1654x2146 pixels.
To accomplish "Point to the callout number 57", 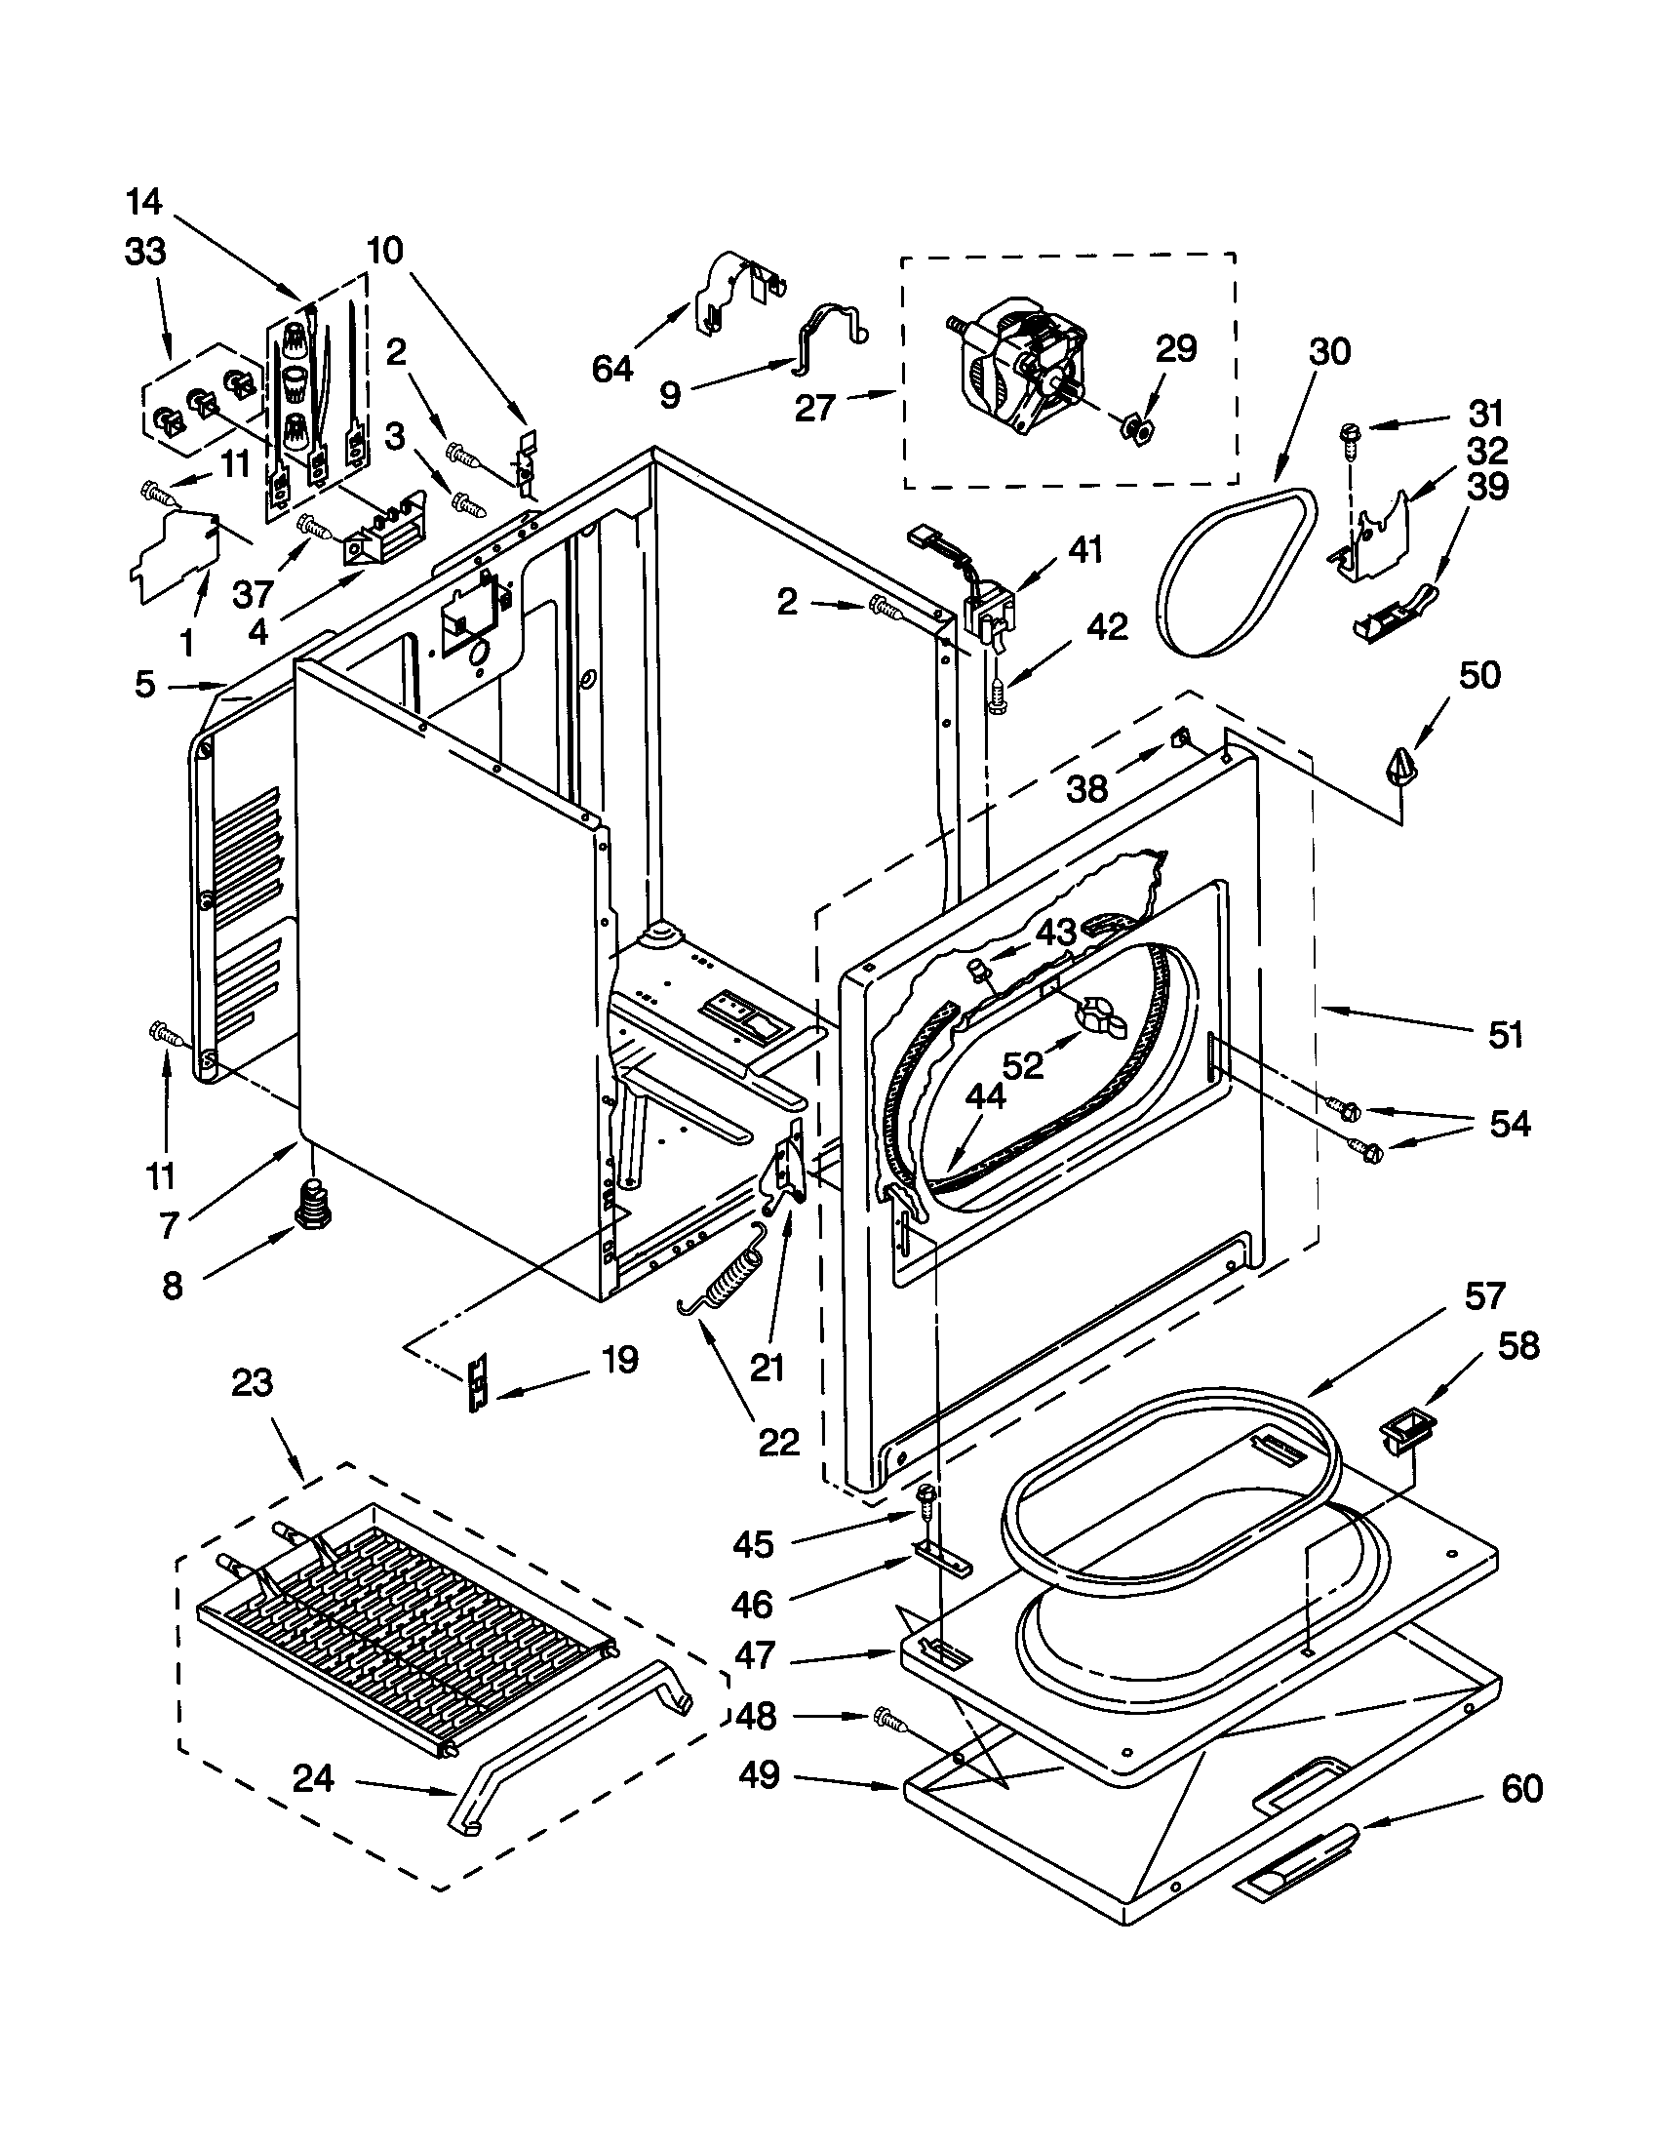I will pyautogui.click(x=1483, y=1297).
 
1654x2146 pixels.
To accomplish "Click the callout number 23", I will pyautogui.click(x=252, y=1383).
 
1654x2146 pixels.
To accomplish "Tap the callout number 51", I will pyautogui.click(x=1505, y=1035).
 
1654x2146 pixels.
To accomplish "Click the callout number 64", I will pyautogui.click(x=612, y=369).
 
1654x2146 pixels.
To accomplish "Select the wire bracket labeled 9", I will pyautogui.click(x=831, y=334).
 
